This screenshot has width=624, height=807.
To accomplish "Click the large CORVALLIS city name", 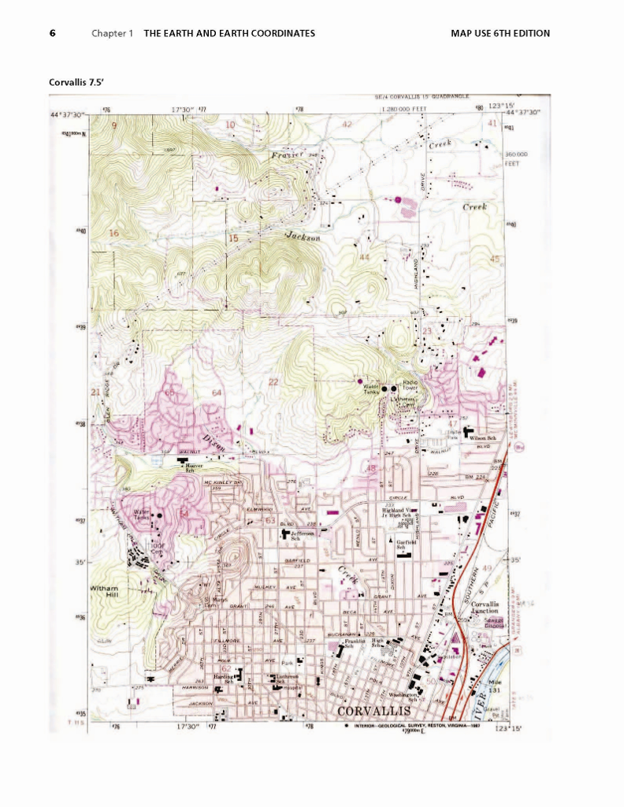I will [x=373, y=711].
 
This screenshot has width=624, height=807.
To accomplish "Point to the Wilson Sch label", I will [x=481, y=438].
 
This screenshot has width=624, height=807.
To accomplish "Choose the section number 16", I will [x=113, y=233].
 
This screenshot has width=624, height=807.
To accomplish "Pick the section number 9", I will [x=113, y=125].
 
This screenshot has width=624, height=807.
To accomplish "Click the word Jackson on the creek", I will [x=303, y=236].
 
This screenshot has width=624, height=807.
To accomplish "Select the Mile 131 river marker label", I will [x=495, y=686].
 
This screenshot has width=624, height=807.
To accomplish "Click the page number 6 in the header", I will [x=52, y=33].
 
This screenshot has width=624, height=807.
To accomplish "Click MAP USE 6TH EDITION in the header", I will [x=500, y=33].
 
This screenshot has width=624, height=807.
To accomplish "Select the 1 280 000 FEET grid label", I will [x=403, y=110].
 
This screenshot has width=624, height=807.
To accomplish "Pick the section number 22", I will [x=273, y=382].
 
